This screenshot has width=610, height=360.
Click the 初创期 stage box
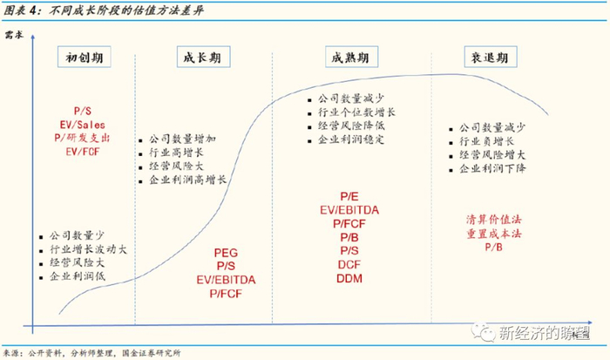[84, 58]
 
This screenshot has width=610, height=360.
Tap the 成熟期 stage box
[349, 58]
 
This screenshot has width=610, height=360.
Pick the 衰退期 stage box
[486, 58]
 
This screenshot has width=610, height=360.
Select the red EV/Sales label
[84, 125]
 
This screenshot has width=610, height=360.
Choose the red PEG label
[226, 254]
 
